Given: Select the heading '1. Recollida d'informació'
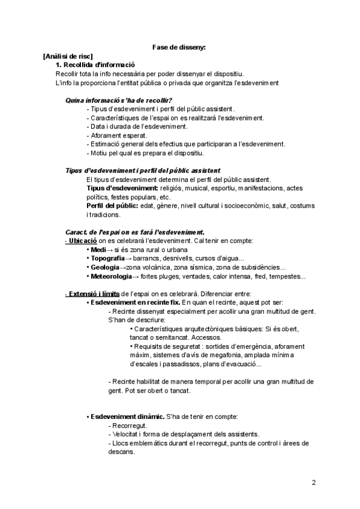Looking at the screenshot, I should coord(95,64).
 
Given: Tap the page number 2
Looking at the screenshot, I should coord(314,482).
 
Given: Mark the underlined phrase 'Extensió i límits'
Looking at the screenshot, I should coord(92,294).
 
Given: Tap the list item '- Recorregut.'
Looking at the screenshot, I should coord(127,425).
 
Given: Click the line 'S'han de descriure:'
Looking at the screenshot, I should coord(136,320).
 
